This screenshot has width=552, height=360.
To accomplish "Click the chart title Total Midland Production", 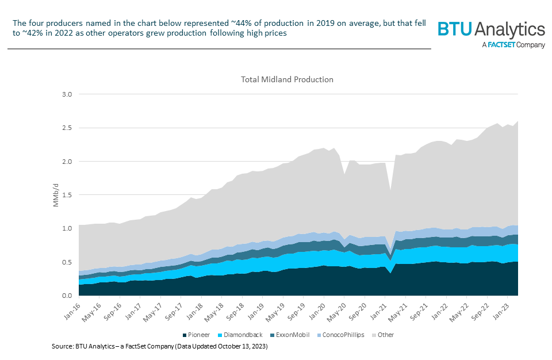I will tap(287, 79).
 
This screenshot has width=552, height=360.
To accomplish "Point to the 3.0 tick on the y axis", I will tap(68, 94).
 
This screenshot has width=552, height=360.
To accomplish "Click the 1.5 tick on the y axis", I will tap(68, 195).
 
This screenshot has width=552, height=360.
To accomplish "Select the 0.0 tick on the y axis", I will tap(68, 296).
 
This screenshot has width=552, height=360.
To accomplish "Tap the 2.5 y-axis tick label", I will tap(68, 128).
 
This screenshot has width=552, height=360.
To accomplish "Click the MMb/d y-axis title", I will tap(56, 196).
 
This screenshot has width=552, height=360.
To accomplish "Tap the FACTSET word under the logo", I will tap(503, 45).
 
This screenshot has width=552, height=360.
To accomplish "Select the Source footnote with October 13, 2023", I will tap(160, 347).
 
